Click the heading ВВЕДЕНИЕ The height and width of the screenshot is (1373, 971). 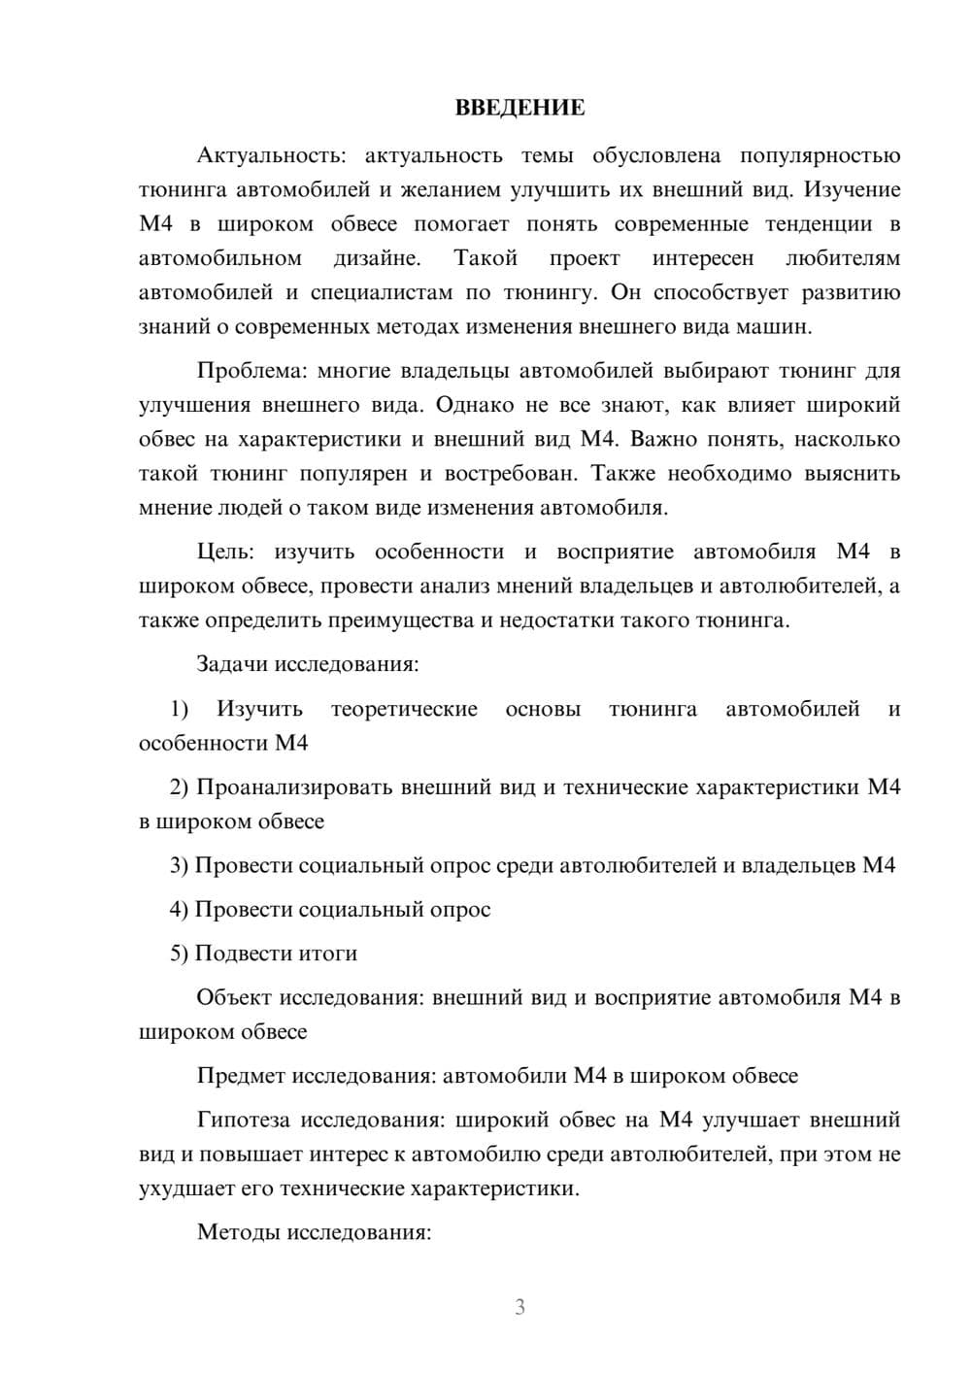[x=519, y=108]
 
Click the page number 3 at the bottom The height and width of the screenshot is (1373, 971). [x=519, y=1307]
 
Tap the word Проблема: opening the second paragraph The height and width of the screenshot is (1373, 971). [x=250, y=370]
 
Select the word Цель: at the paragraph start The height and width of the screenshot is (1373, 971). [x=225, y=552]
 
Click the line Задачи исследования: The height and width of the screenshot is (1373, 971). [x=307, y=664]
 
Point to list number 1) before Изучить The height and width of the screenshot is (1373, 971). [x=180, y=709]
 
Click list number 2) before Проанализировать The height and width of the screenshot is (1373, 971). [x=180, y=787]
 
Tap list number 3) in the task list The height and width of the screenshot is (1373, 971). [x=180, y=865]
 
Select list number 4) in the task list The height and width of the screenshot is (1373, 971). [x=180, y=909]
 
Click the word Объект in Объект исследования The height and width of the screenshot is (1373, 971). [x=234, y=997]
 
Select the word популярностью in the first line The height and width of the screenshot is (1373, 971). [x=820, y=155]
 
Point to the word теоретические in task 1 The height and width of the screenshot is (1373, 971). [x=404, y=709]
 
